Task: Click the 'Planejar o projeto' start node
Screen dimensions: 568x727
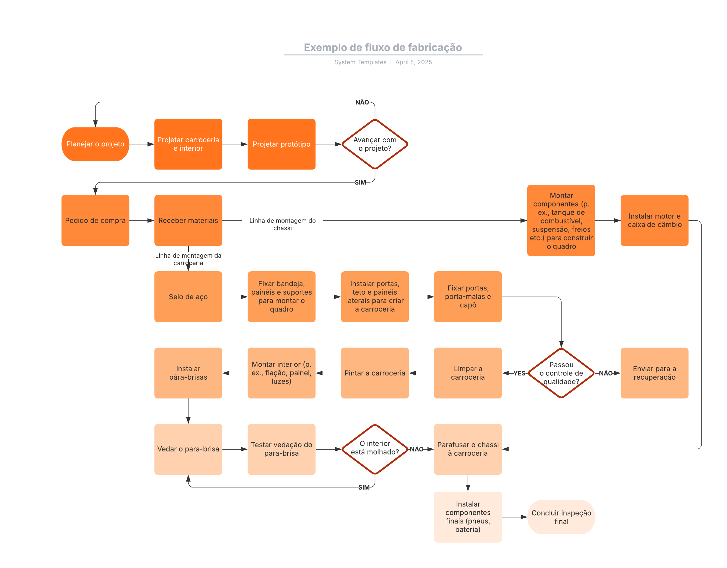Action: [x=95, y=144]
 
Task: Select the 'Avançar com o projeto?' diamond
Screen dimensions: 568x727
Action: [x=375, y=144]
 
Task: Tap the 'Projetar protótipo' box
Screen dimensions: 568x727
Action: [x=281, y=144]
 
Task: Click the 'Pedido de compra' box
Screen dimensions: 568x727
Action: [x=95, y=220]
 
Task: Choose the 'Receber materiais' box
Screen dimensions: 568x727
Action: [x=188, y=220]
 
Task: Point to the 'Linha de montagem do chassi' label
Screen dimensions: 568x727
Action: [x=282, y=224]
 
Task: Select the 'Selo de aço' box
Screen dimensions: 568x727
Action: [x=188, y=296]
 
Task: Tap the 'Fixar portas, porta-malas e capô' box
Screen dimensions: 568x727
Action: [x=467, y=296]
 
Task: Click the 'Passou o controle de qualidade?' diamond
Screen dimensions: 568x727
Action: [x=561, y=373]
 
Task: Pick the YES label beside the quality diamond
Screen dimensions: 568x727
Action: [x=519, y=373]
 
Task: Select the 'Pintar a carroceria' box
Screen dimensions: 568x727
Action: [x=375, y=373]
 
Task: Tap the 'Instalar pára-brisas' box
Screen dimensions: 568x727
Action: [x=188, y=373]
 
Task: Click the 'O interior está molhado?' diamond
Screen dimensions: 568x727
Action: [x=375, y=449]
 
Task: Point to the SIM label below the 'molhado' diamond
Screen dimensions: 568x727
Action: [x=364, y=487]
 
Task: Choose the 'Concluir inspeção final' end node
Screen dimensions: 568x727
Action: [x=561, y=517]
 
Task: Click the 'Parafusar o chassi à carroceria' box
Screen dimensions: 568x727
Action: [x=467, y=449]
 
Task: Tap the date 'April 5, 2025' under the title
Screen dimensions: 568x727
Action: [x=413, y=62]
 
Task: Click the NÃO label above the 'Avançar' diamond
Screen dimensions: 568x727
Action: [x=362, y=102]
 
